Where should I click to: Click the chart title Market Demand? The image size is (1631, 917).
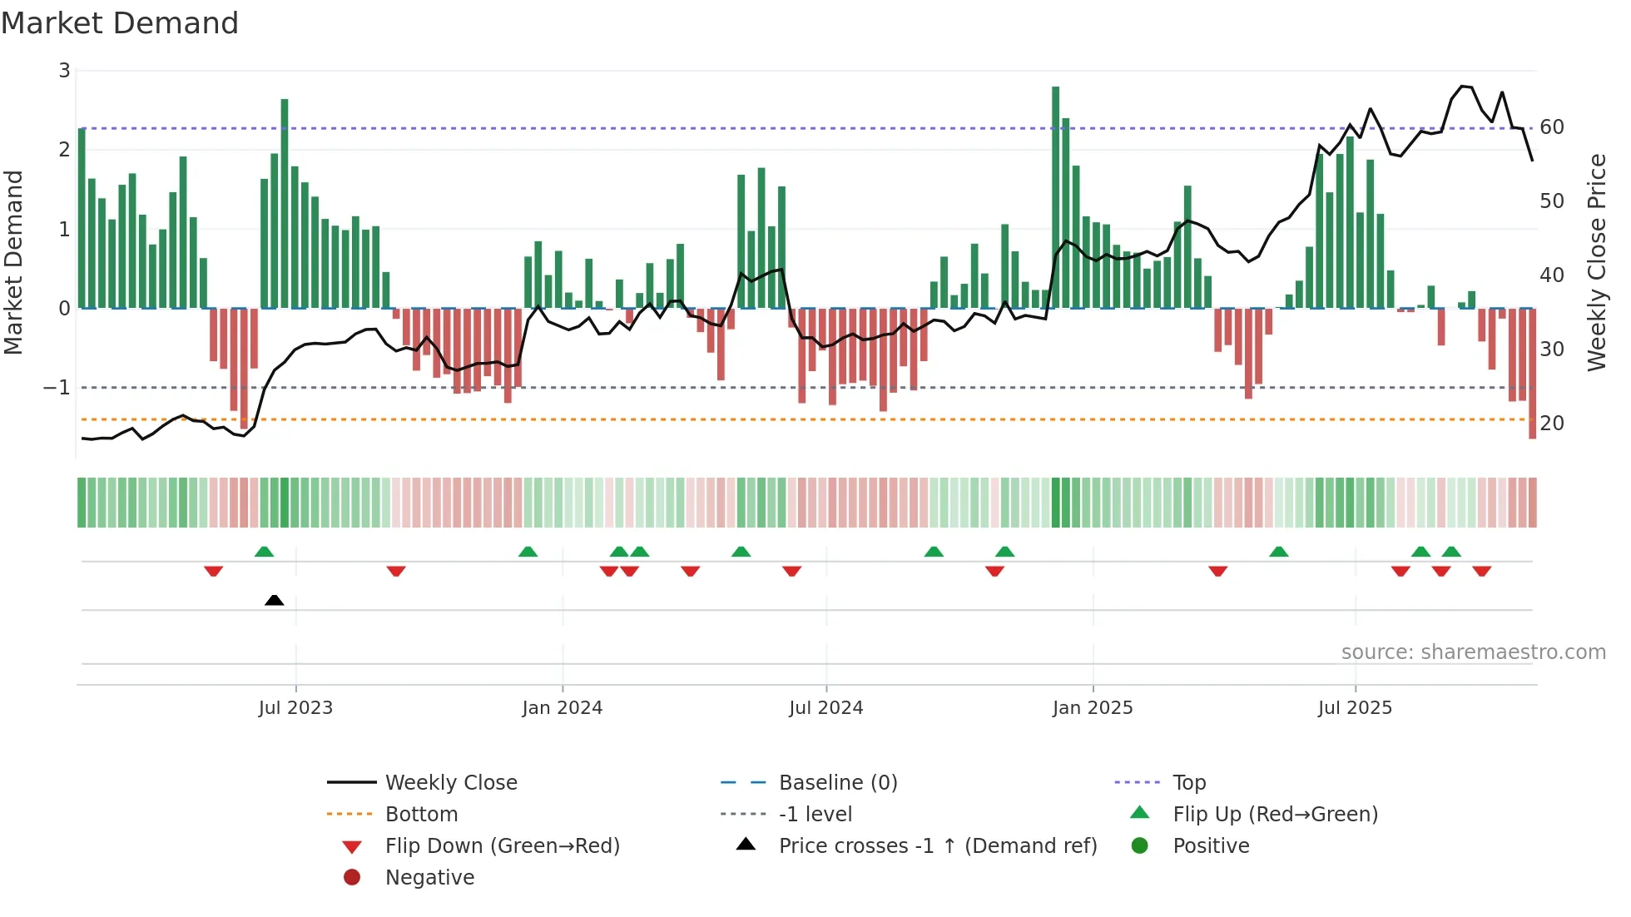[120, 23]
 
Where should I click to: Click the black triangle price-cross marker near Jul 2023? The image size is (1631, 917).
[274, 600]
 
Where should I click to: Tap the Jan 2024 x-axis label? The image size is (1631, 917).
[562, 708]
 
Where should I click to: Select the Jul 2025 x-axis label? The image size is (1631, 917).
[1354, 708]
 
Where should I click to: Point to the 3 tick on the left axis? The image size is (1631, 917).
[64, 71]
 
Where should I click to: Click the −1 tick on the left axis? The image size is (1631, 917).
[57, 388]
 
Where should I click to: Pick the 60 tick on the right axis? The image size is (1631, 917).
[1551, 127]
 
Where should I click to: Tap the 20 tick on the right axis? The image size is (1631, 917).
[1551, 424]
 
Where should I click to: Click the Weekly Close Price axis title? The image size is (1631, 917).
[1596, 262]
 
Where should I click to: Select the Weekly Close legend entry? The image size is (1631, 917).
[450, 783]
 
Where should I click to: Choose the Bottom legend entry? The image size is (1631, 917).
[421, 815]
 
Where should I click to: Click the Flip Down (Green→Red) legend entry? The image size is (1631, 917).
[502, 846]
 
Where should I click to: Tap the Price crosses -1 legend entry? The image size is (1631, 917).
[937, 846]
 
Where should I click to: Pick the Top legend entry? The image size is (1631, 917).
[1188, 783]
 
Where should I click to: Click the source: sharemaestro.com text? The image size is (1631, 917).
[1473, 652]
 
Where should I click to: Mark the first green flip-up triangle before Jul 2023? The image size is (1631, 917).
[264, 552]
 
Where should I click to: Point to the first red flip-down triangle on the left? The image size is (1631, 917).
[213, 571]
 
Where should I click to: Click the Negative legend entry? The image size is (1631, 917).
[429, 878]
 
